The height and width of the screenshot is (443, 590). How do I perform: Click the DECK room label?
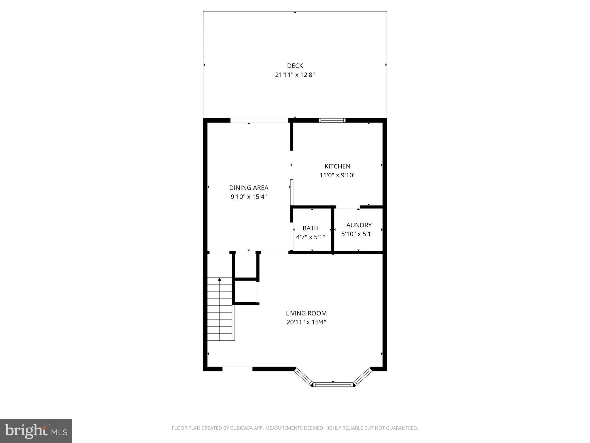point(295,66)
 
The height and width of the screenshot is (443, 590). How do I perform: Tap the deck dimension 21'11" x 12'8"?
point(295,75)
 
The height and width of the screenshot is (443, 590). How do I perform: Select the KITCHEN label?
point(337,166)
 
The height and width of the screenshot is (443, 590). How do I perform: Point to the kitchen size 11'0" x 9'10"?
point(337,175)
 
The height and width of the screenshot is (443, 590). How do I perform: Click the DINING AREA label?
point(249,188)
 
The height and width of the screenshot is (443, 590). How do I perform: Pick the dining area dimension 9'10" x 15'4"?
point(249,197)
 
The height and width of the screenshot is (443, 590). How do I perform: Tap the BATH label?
point(310,228)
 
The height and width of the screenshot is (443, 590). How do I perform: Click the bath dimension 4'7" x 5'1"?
point(310,237)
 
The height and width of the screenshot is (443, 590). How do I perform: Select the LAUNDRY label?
point(357,225)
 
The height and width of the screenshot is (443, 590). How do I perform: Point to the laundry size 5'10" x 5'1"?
point(357,234)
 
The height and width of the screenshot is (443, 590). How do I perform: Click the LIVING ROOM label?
point(306,313)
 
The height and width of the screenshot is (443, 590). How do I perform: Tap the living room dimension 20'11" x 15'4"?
point(306,322)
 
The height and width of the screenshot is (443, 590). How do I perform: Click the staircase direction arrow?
point(220,279)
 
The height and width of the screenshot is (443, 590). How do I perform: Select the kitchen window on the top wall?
point(332,121)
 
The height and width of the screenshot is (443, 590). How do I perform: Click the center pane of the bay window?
point(333,384)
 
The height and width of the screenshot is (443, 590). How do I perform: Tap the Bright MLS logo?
point(36,431)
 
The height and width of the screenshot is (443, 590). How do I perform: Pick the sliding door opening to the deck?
point(259,121)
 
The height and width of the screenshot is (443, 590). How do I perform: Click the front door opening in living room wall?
point(237,369)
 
